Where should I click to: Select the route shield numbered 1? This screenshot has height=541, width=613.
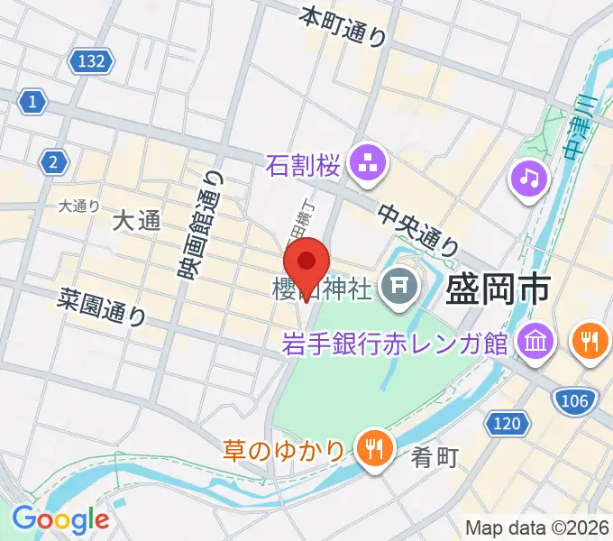point(32,102)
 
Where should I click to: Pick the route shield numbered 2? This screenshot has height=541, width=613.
point(55,162)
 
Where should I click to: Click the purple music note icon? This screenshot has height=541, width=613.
point(530,178)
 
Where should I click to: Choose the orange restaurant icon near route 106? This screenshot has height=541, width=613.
point(590,341)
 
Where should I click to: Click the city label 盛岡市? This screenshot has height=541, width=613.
point(499,290)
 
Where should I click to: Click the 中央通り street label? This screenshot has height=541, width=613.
point(418,228)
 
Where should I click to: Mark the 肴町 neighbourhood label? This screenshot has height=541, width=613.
point(435,457)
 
